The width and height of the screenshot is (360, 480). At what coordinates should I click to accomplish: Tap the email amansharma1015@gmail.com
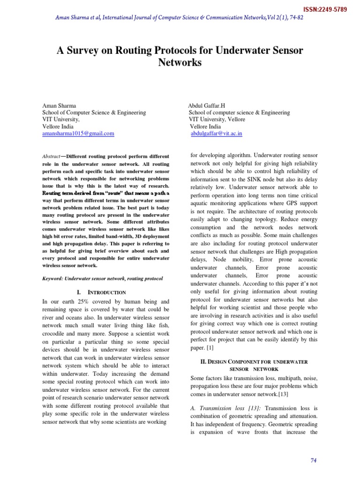pyautogui.click(x=78, y=134)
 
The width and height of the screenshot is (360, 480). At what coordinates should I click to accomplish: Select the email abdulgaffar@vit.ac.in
pyautogui.click(x=217, y=134)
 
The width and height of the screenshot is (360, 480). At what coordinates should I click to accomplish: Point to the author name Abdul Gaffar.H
pyautogui.click(x=207, y=105)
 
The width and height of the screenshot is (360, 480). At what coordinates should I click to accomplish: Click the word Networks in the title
pyautogui.click(x=180, y=62)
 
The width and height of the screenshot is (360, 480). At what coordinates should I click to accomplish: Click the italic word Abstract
pyautogui.click(x=51, y=156)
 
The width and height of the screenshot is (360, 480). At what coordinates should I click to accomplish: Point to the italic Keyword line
pyautogui.click(x=103, y=278)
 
